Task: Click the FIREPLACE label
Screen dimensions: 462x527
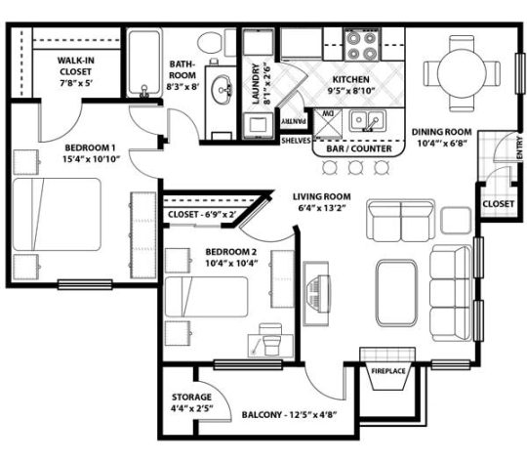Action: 388,371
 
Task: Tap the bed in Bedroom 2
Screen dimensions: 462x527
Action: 205,298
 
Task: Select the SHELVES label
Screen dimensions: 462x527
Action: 295,140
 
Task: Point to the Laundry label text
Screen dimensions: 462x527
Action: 257,86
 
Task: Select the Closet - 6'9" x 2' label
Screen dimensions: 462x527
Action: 203,214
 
